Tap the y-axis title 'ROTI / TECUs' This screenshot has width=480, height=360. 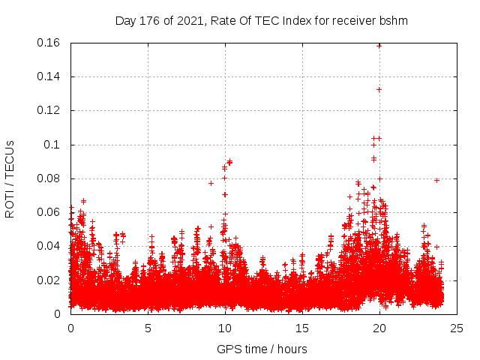point(10,178)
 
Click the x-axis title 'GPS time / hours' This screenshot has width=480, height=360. point(262,349)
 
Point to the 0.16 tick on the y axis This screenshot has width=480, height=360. point(51,43)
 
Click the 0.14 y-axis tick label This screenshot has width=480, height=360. point(51,76)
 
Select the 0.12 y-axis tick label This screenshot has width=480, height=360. point(51,110)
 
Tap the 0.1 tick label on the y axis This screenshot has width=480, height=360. point(55,145)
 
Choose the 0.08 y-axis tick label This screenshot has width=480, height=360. point(51,178)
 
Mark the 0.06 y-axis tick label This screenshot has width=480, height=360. point(51,212)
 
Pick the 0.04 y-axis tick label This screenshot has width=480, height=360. point(51,246)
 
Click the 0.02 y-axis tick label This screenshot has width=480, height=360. point(51,280)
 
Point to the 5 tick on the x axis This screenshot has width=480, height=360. point(148,328)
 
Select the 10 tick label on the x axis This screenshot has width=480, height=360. point(225,328)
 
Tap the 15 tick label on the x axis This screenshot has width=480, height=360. point(302,328)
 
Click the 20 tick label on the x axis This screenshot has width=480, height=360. point(379,328)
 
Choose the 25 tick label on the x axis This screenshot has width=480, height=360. point(457,328)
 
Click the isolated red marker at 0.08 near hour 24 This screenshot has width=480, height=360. point(436,180)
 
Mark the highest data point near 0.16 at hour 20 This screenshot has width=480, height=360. point(379,45)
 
